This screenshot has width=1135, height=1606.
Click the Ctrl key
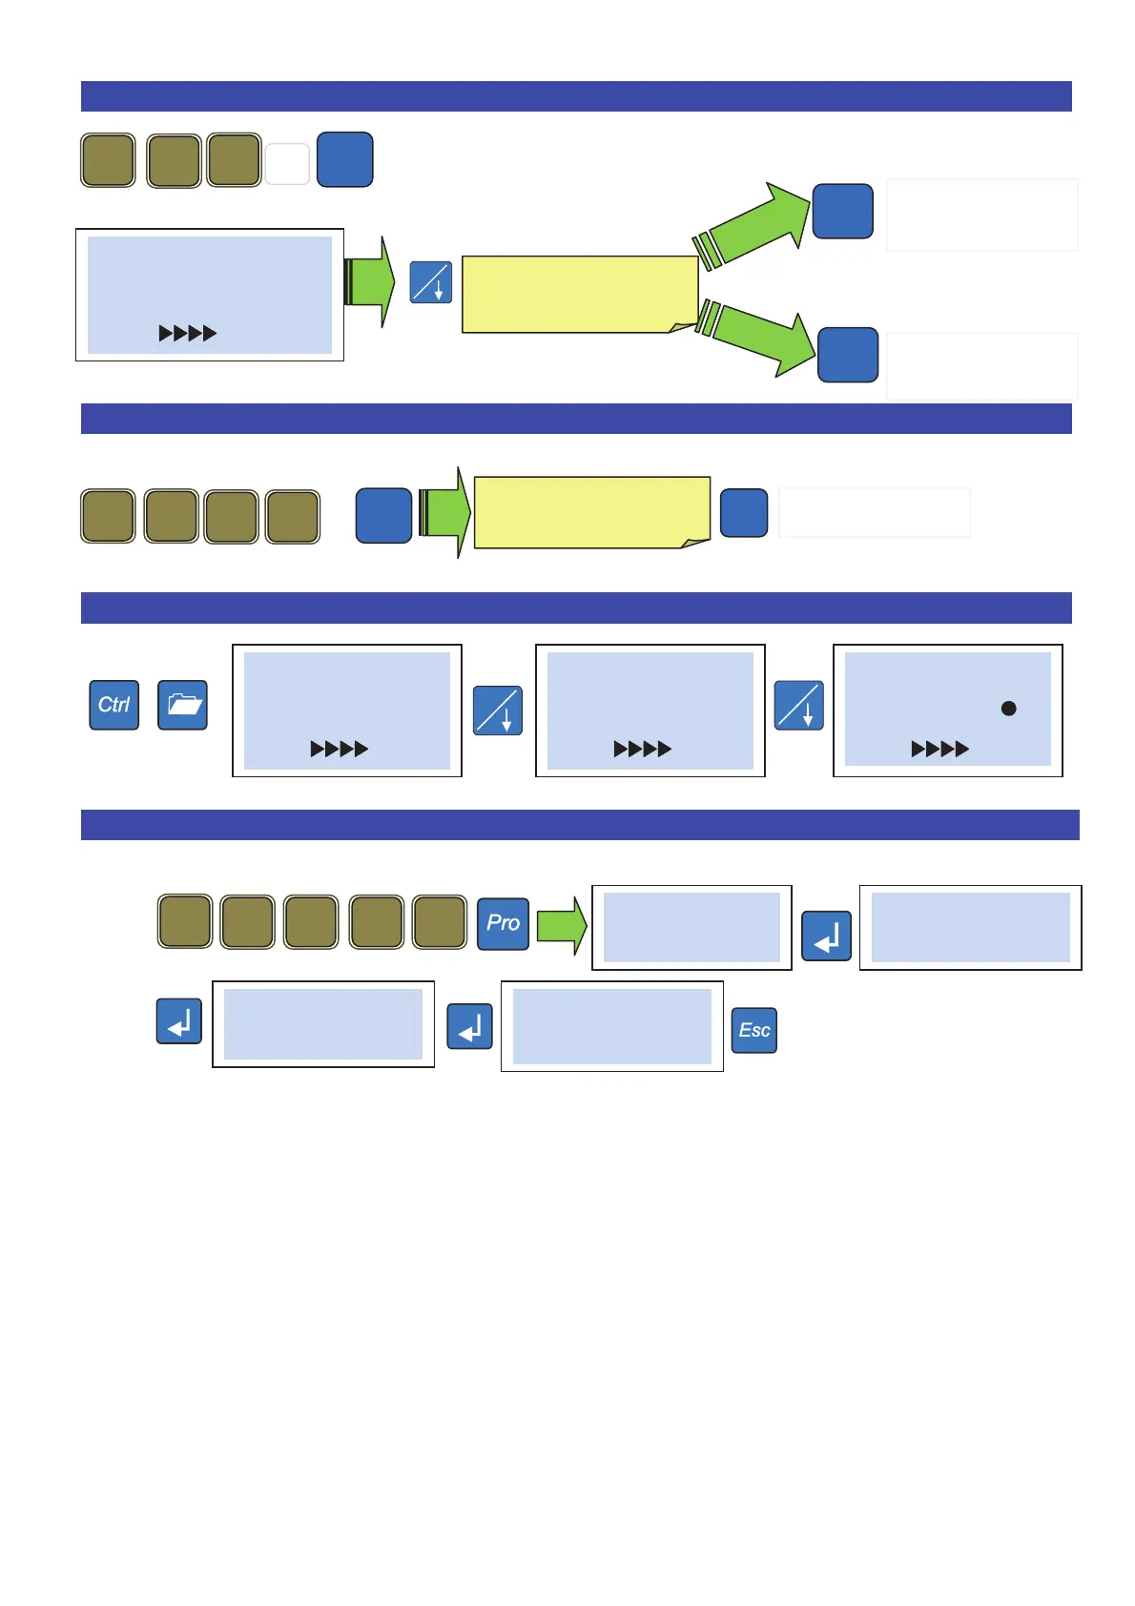113,705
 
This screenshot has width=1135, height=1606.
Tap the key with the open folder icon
182,705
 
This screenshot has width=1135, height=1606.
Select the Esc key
753,1030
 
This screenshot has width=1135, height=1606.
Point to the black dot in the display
1008,709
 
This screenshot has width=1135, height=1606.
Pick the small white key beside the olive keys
287,163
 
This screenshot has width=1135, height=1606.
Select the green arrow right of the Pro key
561,925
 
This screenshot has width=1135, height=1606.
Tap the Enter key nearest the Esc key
469,1026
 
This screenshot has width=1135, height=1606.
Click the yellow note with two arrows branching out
579,294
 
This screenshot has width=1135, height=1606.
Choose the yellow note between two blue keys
591,512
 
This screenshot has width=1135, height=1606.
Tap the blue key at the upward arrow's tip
842,211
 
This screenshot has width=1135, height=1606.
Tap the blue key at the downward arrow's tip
848,355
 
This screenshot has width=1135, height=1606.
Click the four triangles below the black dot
939,749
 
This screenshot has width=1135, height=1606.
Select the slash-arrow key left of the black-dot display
798,705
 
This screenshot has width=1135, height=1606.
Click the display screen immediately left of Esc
611,1025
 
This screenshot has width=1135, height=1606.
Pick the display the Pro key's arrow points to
691,927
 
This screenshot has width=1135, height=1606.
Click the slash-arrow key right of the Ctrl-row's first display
497,710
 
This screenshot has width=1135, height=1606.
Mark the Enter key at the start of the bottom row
178,1020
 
